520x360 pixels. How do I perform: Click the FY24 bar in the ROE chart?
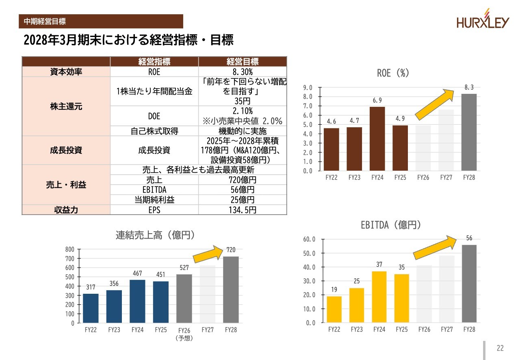pyautogui.click(x=377, y=139)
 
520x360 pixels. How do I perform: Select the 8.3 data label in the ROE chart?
pyautogui.click(x=469, y=87)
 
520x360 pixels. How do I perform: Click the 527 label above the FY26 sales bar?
pyautogui.click(x=184, y=268)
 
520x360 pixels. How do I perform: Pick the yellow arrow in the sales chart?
pyautogui.click(x=208, y=254)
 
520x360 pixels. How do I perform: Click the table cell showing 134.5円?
pyautogui.click(x=243, y=210)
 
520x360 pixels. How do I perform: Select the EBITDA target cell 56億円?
pyautogui.click(x=243, y=190)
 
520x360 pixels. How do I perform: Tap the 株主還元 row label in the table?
pyautogui.click(x=66, y=106)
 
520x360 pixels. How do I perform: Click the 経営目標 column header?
pyautogui.click(x=243, y=62)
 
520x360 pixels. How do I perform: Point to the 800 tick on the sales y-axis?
pyautogui.click(x=70, y=249)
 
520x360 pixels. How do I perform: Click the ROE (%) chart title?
pyautogui.click(x=393, y=73)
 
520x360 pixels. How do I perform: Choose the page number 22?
pyautogui.click(x=500, y=348)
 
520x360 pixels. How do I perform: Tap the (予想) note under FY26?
pyautogui.click(x=184, y=338)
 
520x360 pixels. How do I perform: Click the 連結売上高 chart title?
pyautogui.click(x=155, y=235)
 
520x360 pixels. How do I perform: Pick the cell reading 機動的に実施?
pyautogui.click(x=243, y=131)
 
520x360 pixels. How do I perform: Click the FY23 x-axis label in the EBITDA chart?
pyautogui.click(x=357, y=330)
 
